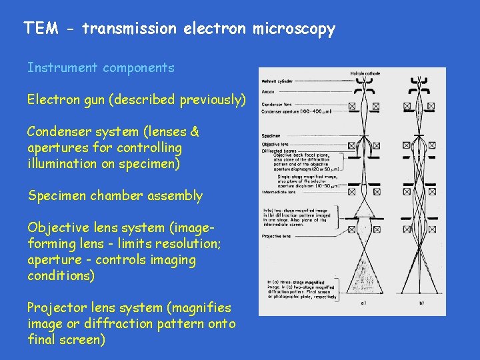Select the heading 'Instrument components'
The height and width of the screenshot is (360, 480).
coord(101,67)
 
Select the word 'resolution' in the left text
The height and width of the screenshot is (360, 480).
coord(187,244)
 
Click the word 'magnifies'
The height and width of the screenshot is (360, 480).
coord(200,308)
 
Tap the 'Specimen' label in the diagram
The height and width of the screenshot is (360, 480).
coord(271,135)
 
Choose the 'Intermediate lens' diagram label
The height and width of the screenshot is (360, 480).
coord(279,192)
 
